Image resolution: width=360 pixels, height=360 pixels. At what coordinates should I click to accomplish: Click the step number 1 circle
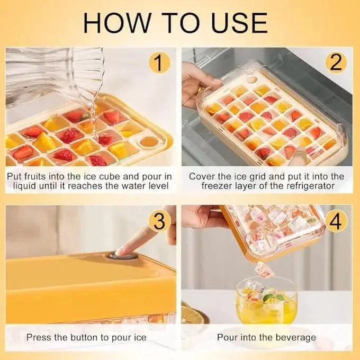point(159,62)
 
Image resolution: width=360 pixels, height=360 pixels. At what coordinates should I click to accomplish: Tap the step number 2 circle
point(336,62)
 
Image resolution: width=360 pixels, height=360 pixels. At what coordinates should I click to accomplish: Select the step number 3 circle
point(159,221)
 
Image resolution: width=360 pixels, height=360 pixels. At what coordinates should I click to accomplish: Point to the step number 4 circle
point(336,221)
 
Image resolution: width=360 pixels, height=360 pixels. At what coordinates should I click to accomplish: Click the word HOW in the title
point(117,23)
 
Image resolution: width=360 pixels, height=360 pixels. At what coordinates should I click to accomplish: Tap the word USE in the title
point(239,23)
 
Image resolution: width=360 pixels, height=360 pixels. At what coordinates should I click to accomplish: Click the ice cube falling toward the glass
point(265,270)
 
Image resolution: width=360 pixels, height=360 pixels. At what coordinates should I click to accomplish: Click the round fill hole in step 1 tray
point(149,142)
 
